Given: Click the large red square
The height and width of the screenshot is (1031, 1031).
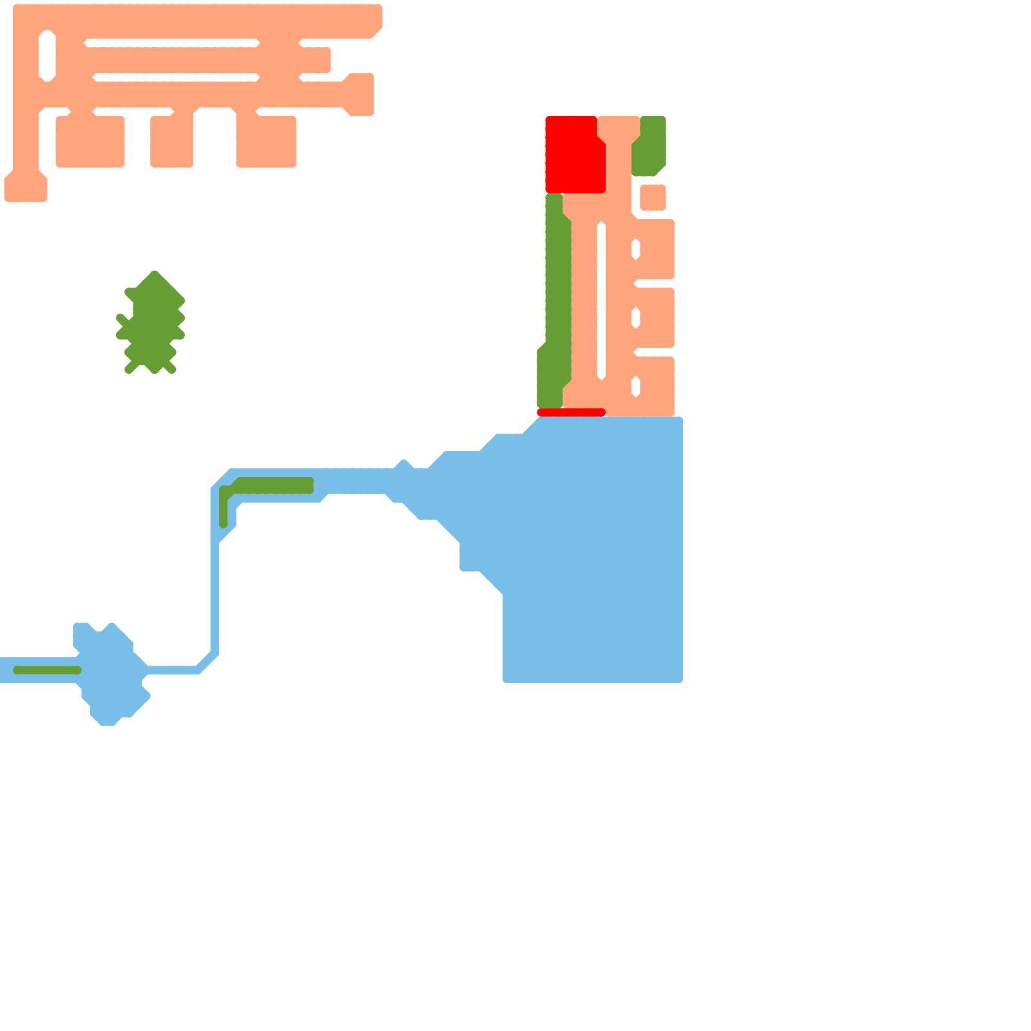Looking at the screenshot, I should (x=573, y=155).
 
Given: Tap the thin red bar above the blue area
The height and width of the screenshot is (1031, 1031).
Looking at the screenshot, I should (x=571, y=412).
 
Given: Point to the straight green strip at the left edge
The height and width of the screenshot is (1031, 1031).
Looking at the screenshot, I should (x=47, y=670).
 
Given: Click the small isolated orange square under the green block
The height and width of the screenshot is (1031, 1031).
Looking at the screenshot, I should (x=653, y=197).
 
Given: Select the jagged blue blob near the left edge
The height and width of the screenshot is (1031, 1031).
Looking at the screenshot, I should (x=110, y=673).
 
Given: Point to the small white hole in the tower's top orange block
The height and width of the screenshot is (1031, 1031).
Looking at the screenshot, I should (x=635, y=249).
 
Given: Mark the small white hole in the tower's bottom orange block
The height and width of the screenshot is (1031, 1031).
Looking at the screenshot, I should (x=635, y=387).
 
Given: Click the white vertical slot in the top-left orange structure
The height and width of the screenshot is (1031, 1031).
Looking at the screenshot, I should (x=47, y=56).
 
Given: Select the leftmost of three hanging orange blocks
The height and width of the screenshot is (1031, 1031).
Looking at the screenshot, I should (x=90, y=142).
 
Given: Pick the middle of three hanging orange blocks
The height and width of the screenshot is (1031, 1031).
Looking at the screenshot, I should (x=171, y=142).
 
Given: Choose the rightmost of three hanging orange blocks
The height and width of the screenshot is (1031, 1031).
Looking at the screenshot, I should (x=266, y=142).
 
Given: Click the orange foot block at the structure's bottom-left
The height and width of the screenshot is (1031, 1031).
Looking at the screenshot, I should (x=26, y=188).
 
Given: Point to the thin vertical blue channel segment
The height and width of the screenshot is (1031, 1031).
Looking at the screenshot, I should (x=215, y=599).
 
